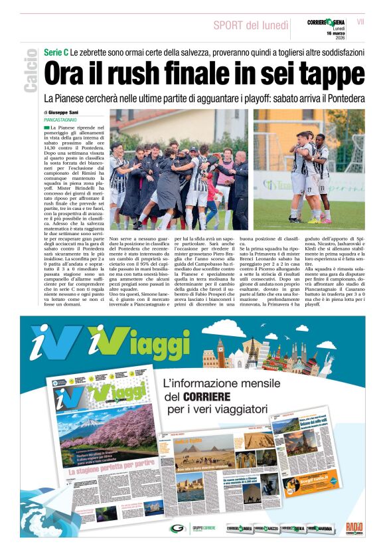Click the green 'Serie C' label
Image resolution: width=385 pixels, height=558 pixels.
point(56,52)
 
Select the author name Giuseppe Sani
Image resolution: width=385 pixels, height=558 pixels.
point(64,113)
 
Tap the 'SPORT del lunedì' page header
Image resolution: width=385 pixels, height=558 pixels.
point(249,26)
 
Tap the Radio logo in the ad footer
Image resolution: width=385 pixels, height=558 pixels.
point(354,528)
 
